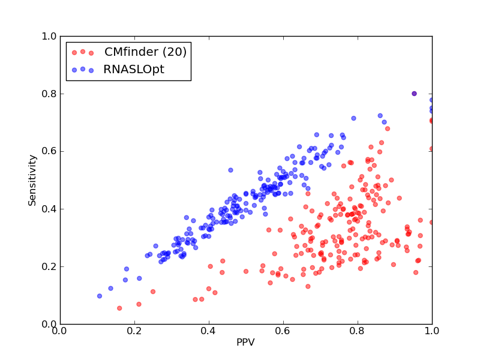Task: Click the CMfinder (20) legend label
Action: (145, 52)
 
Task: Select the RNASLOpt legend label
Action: (134, 70)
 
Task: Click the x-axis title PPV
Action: (245, 342)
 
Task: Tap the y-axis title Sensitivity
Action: (32, 181)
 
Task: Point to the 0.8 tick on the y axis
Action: (49, 94)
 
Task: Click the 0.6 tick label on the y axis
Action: (49, 151)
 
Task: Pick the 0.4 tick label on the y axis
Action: (49, 209)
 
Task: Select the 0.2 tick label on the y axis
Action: (49, 266)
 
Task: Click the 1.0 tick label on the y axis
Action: (49, 36)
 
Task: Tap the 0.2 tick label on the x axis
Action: (134, 331)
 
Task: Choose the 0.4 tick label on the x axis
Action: (209, 331)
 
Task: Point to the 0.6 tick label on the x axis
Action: (283, 331)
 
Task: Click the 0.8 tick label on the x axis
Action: (358, 331)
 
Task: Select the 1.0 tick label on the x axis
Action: (432, 331)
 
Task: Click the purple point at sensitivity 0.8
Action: (414, 94)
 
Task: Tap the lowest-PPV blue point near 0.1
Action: (100, 296)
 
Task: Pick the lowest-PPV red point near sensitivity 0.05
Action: (119, 308)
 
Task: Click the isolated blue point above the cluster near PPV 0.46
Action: (230, 170)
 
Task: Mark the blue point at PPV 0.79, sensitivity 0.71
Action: (353, 118)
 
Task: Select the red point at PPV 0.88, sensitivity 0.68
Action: (388, 128)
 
